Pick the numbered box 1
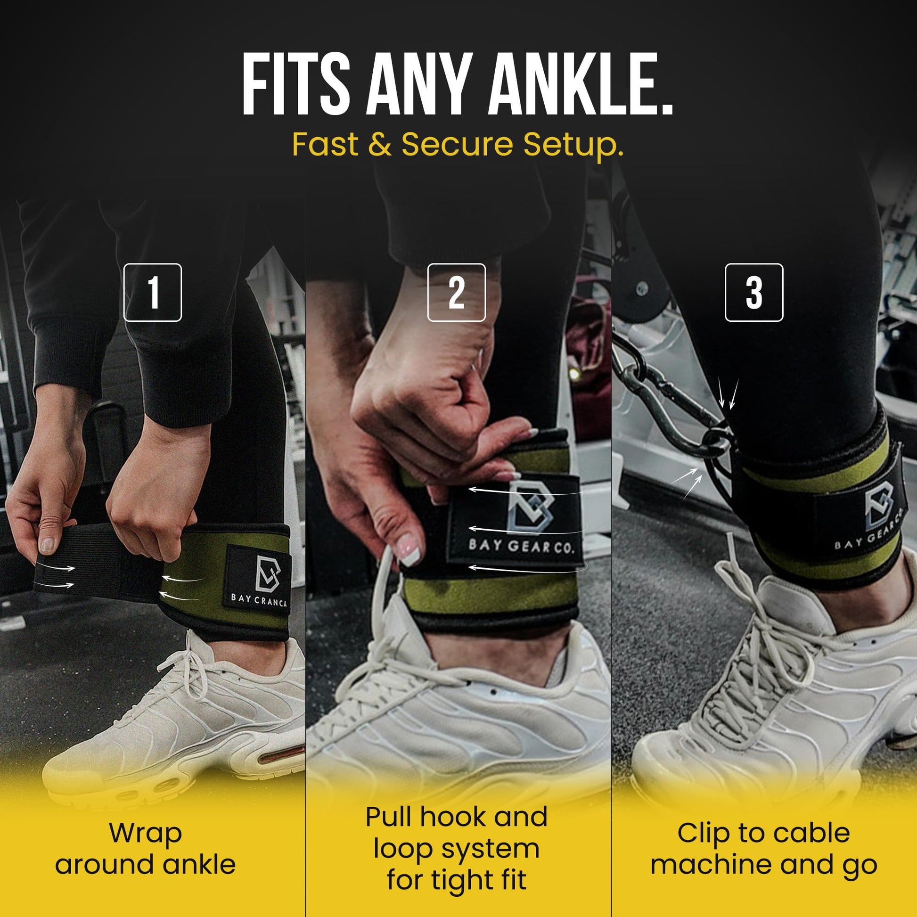point(152,292)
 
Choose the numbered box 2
point(456,292)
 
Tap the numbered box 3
point(754,292)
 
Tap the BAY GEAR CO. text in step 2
point(521,546)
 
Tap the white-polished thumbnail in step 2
point(408,549)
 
